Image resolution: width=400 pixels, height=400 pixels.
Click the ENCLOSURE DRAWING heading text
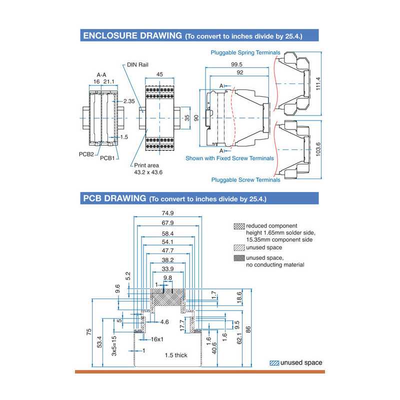tap(132, 35)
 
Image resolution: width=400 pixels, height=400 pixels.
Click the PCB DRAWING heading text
tap(114, 198)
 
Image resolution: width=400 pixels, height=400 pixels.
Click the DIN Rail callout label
tap(138, 64)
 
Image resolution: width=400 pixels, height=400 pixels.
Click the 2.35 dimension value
tap(129, 101)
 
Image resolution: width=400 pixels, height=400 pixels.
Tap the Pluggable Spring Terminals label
tap(245, 52)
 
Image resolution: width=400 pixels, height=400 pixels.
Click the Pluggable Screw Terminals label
tap(245, 179)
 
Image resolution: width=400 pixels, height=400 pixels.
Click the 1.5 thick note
tap(176, 355)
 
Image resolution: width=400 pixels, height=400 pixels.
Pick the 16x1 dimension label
tap(157, 339)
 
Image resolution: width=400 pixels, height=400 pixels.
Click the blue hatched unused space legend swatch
tap(274, 363)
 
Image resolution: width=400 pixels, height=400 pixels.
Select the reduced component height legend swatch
tap(239, 226)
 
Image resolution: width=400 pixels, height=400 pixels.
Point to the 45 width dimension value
tap(159, 74)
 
